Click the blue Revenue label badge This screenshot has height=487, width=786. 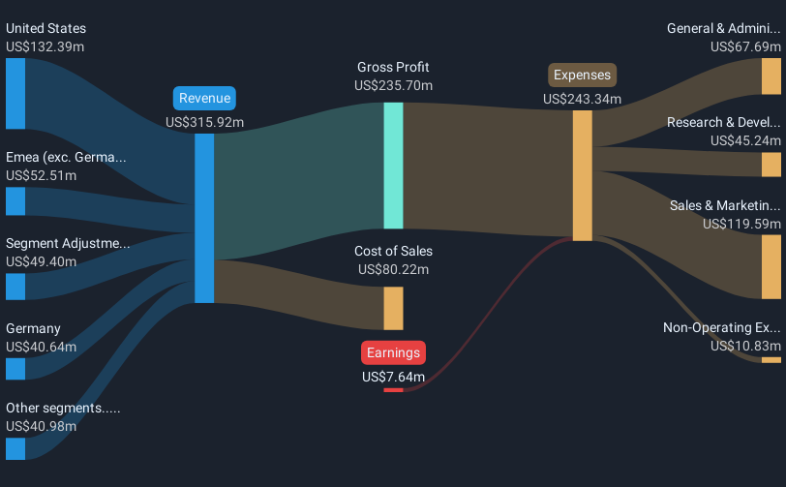pyautogui.click(x=205, y=98)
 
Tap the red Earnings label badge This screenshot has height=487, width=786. pyautogui.click(x=393, y=352)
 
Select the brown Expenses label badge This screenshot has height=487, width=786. pyautogui.click(x=582, y=76)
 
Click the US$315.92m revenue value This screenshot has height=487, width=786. pyautogui.click(x=205, y=122)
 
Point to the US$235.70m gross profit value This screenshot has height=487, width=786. pyautogui.click(x=393, y=85)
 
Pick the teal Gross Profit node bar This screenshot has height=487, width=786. pyautogui.click(x=393, y=165)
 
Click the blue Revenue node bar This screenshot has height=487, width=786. pyautogui.click(x=204, y=218)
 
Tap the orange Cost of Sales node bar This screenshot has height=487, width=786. pyautogui.click(x=393, y=308)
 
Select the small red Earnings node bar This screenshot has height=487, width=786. pyautogui.click(x=393, y=390)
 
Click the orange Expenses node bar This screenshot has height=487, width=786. pyautogui.click(x=582, y=175)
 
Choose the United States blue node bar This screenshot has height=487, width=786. pyautogui.click(x=15, y=93)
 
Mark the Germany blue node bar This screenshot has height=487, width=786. pyautogui.click(x=15, y=368)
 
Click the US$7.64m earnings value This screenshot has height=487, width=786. pyautogui.click(x=393, y=377)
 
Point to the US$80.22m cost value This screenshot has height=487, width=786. pyautogui.click(x=393, y=269)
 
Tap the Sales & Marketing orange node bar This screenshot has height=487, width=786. pyautogui.click(x=771, y=266)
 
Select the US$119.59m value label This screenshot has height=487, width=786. pyautogui.click(x=741, y=224)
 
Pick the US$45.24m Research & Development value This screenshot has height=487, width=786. pyautogui.click(x=744, y=140)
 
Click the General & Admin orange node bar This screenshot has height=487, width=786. pyautogui.click(x=771, y=76)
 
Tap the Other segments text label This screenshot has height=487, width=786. pyautogui.click(x=63, y=408)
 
